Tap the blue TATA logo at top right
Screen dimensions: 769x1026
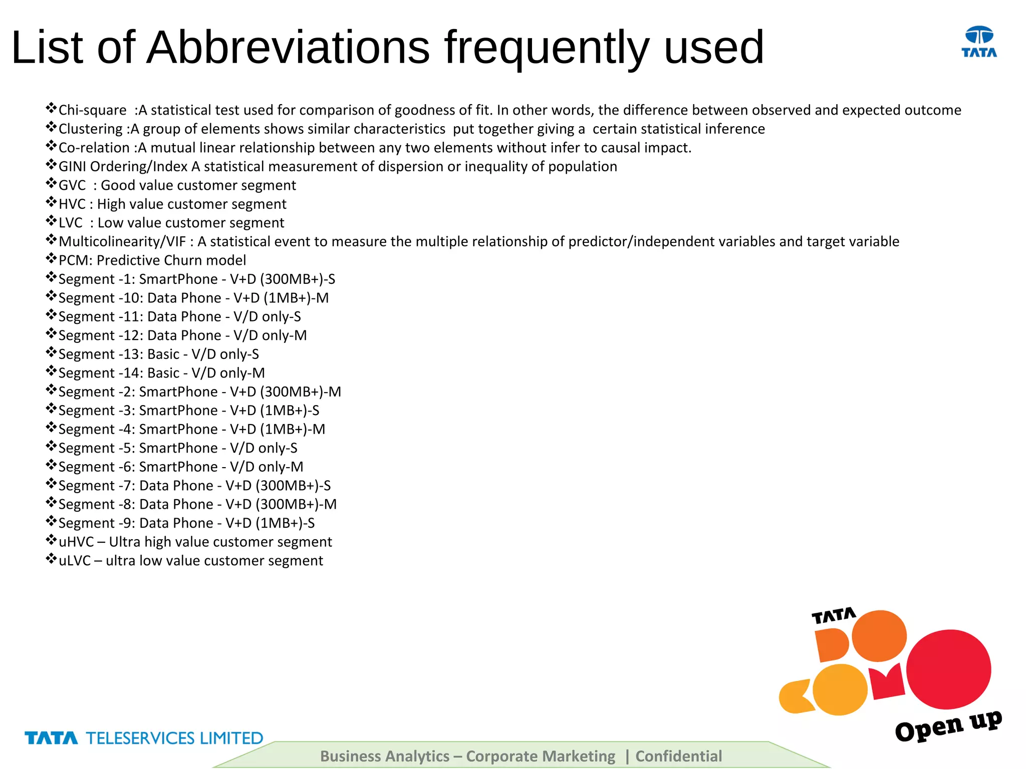pos(979,42)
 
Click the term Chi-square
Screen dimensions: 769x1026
pos(92,110)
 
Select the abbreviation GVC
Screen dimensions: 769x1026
pos(72,185)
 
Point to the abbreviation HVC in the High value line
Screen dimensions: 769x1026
pos(72,204)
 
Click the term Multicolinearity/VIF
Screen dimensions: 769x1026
pos(122,242)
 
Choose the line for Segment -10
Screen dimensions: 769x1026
pos(193,298)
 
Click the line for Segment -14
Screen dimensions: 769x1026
pos(161,373)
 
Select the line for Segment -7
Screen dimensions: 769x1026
pos(194,486)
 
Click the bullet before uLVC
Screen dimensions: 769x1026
pos(51,559)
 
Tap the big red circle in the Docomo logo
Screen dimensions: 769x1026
pos(948,669)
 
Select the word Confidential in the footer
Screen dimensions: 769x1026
pos(678,756)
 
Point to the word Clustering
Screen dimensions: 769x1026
pos(90,129)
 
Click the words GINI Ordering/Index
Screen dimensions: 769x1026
pos(123,167)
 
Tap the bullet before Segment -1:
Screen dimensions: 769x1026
pos(51,277)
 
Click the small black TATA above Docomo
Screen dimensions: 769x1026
pos(834,615)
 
